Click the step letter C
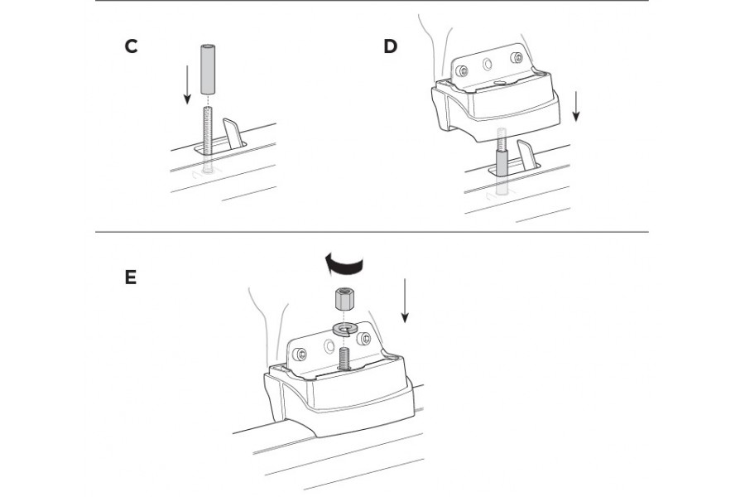point(131,46)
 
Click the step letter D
point(390,46)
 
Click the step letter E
point(131,277)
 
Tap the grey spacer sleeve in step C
point(208,70)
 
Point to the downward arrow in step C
point(187,84)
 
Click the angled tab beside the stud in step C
point(233,133)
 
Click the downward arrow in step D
point(576,107)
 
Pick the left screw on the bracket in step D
point(461,71)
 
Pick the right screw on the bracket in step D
point(516,58)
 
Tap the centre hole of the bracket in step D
point(488,65)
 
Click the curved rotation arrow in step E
point(344,264)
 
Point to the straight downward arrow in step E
point(404,301)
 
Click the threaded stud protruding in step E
point(344,359)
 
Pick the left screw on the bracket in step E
point(300,354)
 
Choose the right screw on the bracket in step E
point(364,338)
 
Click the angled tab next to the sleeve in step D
point(528,155)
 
